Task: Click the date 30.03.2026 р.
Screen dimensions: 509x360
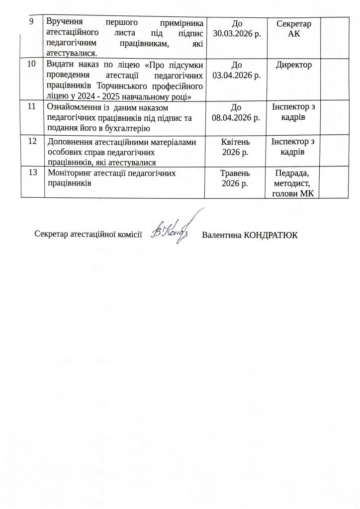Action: [x=237, y=33]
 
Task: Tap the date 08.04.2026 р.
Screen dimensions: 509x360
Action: [x=237, y=117]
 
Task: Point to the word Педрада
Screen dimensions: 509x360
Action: [x=294, y=173]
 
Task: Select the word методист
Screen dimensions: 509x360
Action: [x=295, y=183]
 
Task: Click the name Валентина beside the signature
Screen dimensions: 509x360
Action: [x=222, y=235]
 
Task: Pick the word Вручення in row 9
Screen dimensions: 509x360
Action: [x=65, y=22]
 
